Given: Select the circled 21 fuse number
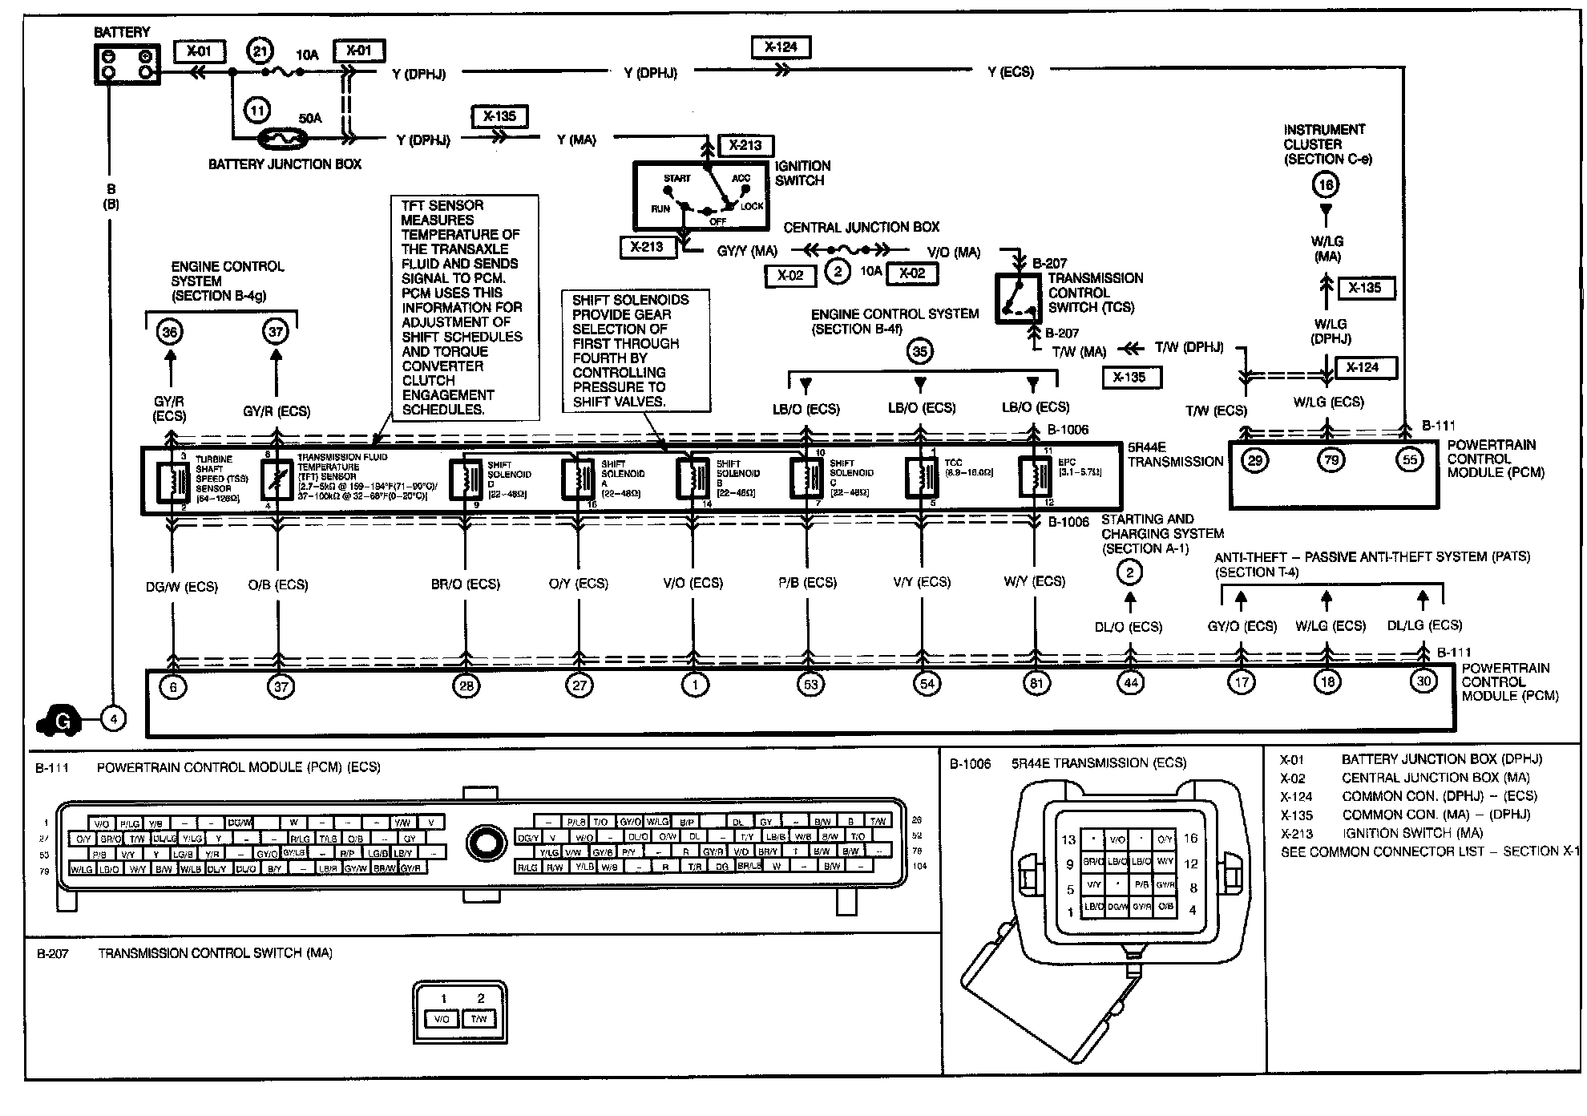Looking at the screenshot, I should coord(260,52).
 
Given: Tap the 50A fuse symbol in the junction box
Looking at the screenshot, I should coord(283,139).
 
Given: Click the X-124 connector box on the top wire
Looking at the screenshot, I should coord(781,47).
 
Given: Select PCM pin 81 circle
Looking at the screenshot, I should coord(1036,684).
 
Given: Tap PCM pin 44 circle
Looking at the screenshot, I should coord(1130,683).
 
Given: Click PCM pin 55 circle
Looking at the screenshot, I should coord(1410,460).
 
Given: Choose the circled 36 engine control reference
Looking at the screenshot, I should coord(170,332).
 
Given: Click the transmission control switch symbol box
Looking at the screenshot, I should coord(1018,299).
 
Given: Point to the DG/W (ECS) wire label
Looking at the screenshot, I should coord(182,587).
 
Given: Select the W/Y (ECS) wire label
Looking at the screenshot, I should coord(1035,581).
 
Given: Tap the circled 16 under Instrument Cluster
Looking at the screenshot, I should coord(1326,185).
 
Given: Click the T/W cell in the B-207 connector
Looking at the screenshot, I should coord(479,1019).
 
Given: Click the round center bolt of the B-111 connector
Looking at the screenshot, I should coord(485,843).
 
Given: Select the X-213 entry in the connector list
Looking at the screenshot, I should coord(1297,833).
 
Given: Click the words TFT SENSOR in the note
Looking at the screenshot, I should coord(442,205).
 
